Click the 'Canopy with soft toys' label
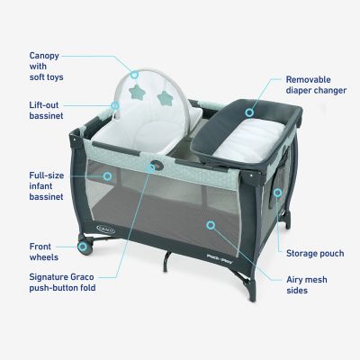point(47,67)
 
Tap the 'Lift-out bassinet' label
point(46,111)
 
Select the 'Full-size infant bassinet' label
point(47,186)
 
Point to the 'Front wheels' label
point(44,252)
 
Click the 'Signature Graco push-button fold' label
point(62,283)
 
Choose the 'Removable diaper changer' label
point(316,85)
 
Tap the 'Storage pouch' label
point(315,254)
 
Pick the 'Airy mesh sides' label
point(307,285)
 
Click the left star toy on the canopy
point(136,91)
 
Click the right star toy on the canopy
point(165,97)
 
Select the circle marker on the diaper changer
point(249,112)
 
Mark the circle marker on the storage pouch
point(277,193)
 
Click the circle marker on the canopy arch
point(134,75)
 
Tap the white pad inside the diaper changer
point(250,141)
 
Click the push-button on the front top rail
point(157,165)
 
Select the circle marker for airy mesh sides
point(211,225)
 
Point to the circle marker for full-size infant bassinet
point(107,176)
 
